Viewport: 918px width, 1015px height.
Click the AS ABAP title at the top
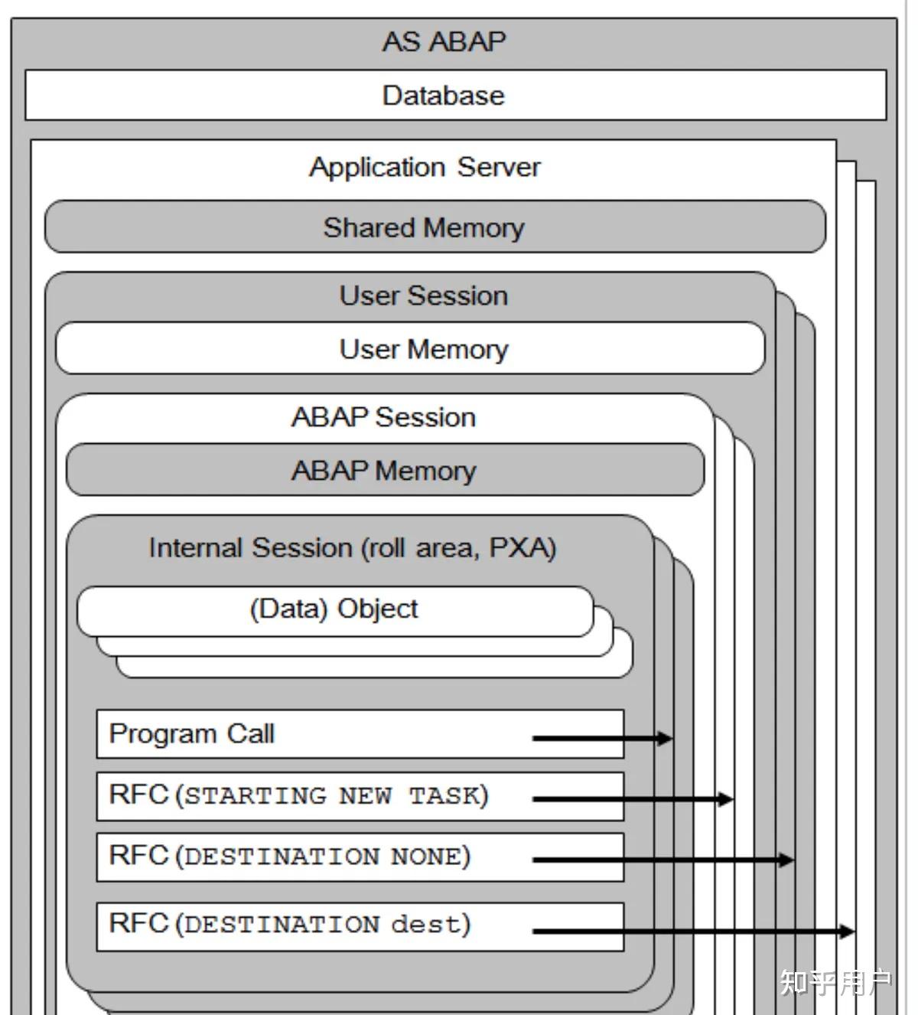pos(444,41)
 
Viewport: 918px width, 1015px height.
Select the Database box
pos(444,96)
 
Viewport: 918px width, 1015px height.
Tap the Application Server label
pos(425,167)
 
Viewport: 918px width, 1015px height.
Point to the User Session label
pos(423,295)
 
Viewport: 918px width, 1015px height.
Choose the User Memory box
pos(423,349)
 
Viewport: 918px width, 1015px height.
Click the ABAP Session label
pos(383,417)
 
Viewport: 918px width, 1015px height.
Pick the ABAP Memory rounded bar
pos(383,470)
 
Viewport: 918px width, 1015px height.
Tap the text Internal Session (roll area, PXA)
pos(352,548)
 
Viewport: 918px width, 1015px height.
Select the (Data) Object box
pos(334,609)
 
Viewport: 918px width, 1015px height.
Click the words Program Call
pos(191,734)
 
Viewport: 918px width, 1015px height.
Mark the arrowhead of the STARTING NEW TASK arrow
pos(726,799)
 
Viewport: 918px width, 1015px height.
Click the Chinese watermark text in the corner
pos(835,982)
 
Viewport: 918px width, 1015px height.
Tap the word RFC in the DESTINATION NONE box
pos(138,855)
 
